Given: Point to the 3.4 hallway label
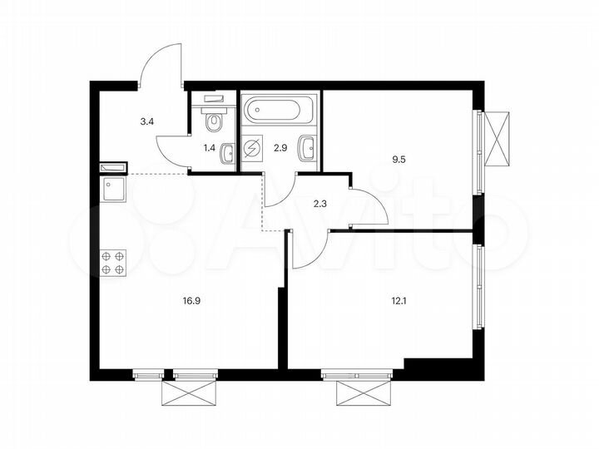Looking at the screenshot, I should coord(146,121).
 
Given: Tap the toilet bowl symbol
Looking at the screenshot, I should coord(215,121).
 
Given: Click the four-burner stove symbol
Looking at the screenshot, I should coord(113,263).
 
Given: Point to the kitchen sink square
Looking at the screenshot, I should coord(112,190).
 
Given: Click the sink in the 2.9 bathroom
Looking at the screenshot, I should coord(308,149).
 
